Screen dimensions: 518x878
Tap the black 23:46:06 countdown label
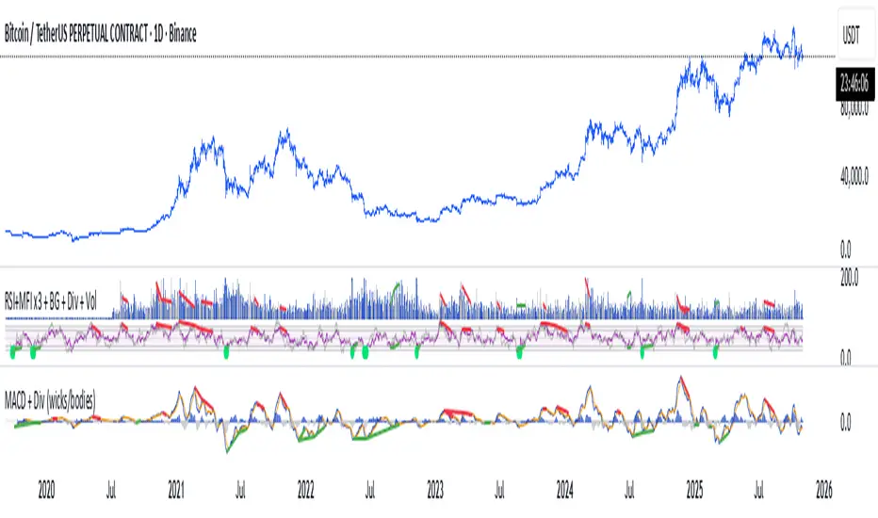854,81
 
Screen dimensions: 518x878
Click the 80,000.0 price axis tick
855,108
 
